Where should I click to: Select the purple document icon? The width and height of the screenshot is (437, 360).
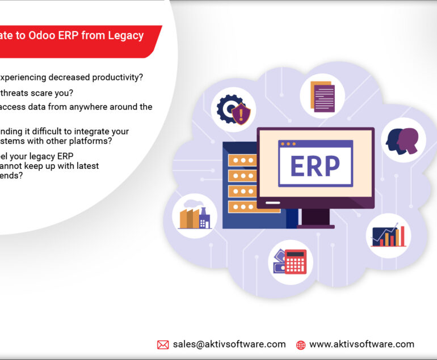click(322, 96)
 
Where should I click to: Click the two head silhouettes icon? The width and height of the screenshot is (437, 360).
click(404, 140)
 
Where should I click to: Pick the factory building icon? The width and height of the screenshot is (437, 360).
click(195, 215)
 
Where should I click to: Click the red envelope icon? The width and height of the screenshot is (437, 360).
click(163, 345)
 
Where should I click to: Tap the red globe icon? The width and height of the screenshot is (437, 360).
click(301, 345)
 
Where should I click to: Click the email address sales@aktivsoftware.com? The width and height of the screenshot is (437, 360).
click(229, 344)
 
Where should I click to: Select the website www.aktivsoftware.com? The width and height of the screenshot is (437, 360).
click(362, 344)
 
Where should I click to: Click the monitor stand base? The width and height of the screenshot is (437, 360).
click(316, 226)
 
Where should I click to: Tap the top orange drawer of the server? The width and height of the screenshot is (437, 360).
click(242, 160)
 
